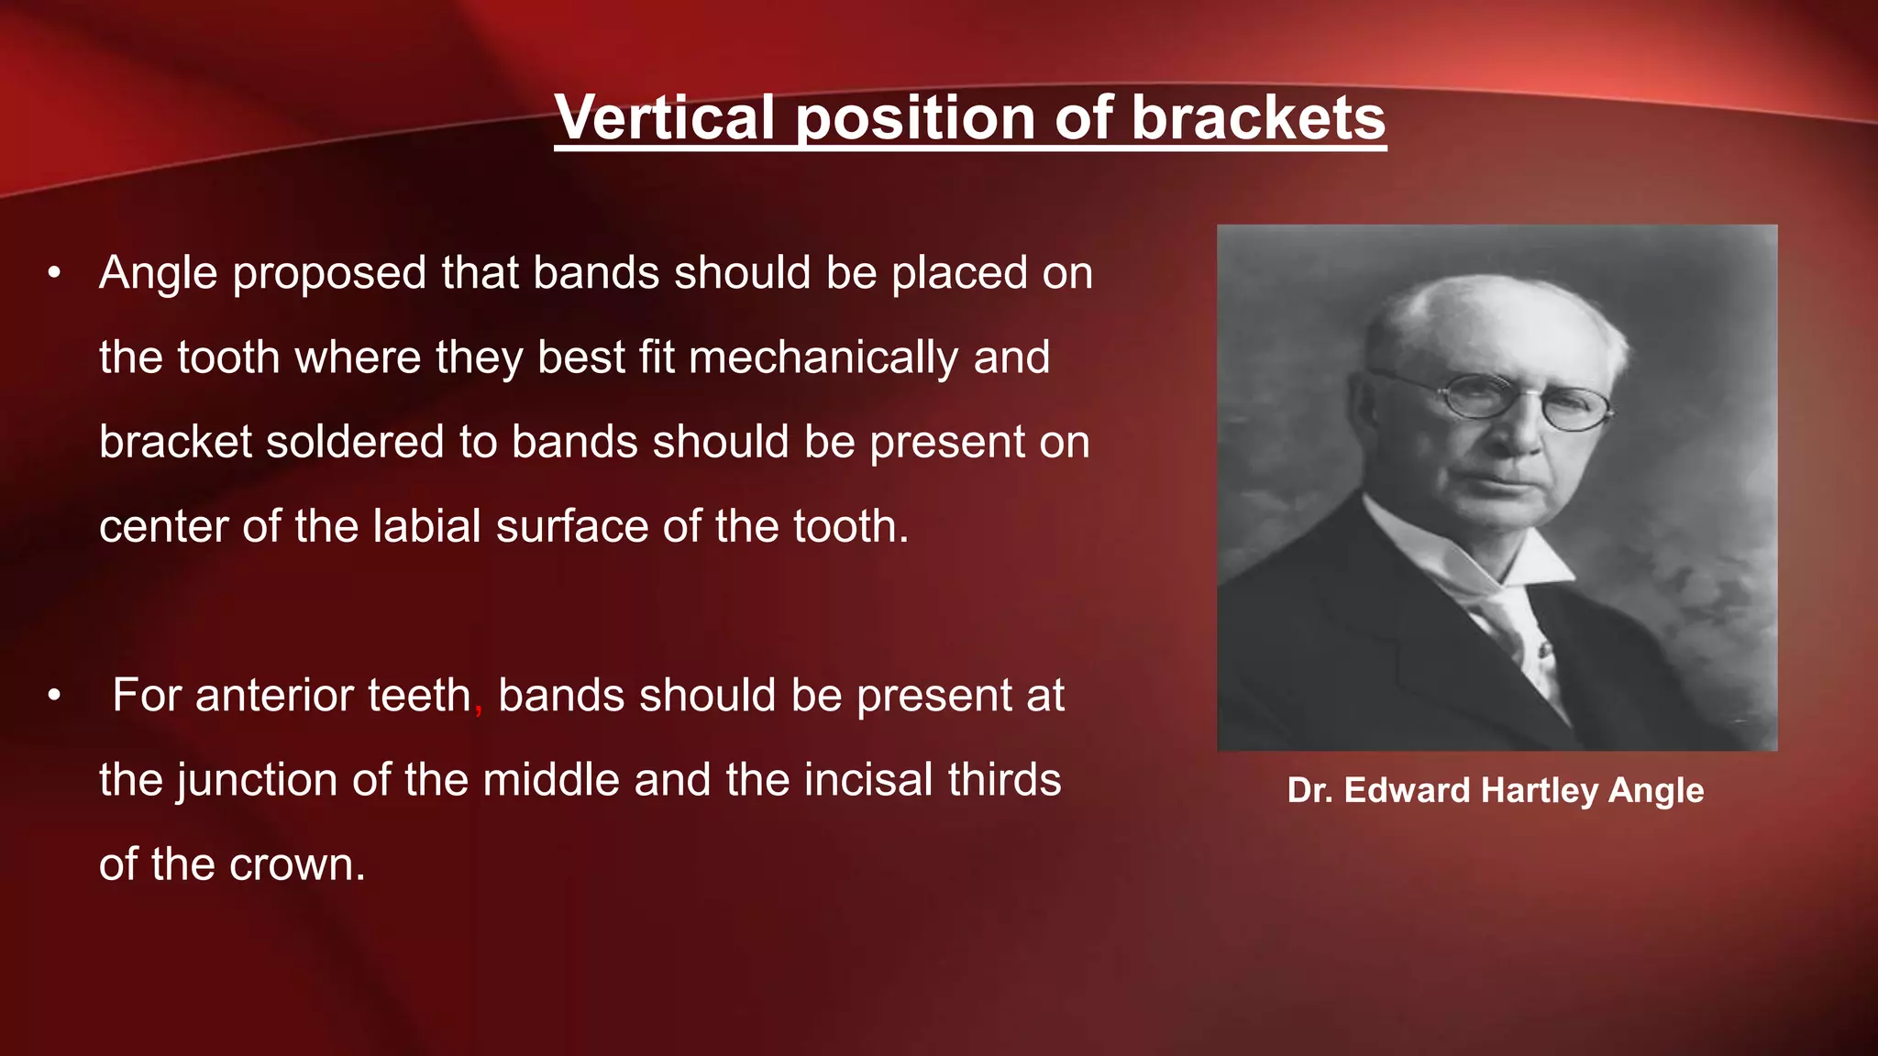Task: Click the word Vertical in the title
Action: [666, 119]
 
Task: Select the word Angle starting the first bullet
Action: [159, 274]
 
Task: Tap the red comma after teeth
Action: [479, 708]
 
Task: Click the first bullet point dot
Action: [55, 273]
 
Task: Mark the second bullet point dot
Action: [55, 696]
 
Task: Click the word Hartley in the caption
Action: [1540, 791]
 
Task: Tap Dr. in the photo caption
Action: [1309, 790]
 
